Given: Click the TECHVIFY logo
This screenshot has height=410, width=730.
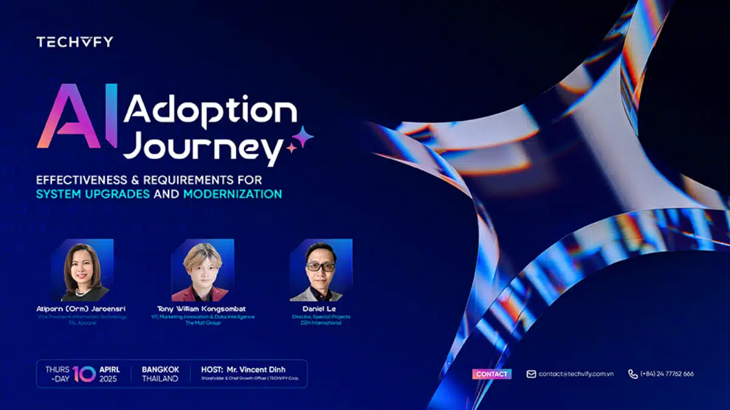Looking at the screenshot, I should coord(74,42).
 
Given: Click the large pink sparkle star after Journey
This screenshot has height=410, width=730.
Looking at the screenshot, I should coord(302,137).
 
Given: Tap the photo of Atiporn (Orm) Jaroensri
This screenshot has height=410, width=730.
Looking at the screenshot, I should coord(82,271).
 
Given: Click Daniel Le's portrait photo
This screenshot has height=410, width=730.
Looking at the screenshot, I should coord(321,271).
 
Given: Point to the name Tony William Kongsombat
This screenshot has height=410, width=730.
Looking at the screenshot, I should coord(203,309).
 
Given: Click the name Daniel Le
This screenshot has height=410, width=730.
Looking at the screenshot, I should coord(320,309).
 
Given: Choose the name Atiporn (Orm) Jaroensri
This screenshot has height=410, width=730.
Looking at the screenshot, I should coord(82,309).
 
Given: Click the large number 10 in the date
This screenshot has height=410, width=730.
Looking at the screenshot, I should coord(84,374).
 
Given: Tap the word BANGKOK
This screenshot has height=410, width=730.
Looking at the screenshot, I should coord(161,369).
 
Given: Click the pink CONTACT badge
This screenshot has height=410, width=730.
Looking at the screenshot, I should coord(492,374).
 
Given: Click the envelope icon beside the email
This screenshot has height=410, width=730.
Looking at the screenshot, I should coord(531,374).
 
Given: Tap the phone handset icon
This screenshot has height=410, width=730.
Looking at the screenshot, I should coord(633,374).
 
